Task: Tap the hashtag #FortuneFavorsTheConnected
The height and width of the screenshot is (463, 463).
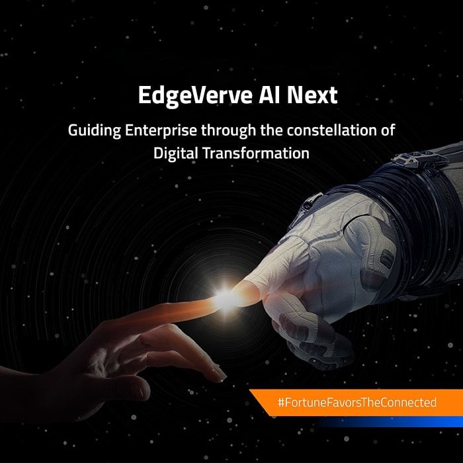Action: [357, 402]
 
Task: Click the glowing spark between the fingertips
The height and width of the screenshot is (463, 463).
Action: [227, 299]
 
